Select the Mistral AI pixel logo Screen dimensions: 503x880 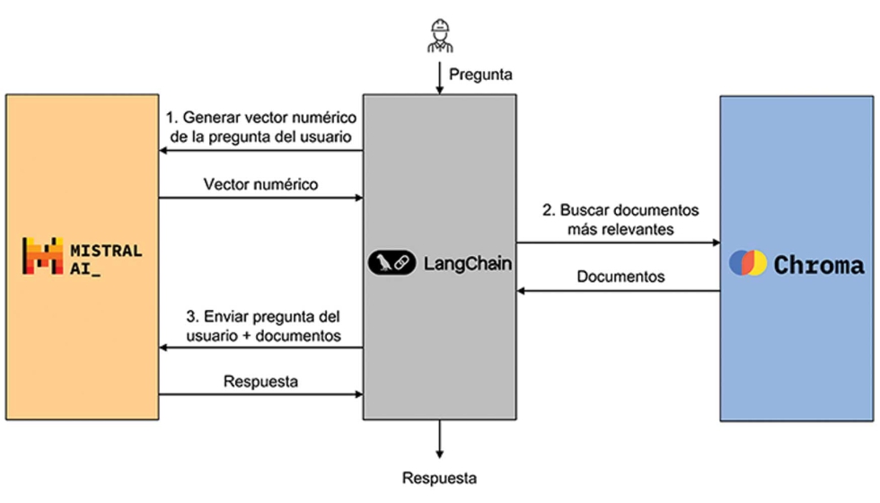tap(41, 255)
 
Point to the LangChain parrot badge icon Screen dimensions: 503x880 tap(392, 263)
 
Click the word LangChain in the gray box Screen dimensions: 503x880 tap(460, 263)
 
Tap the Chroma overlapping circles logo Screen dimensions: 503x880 tap(748, 264)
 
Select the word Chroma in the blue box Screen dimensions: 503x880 tap(819, 265)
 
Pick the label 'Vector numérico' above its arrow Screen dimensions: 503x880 tap(260, 183)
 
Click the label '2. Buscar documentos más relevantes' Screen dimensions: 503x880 tap(620, 220)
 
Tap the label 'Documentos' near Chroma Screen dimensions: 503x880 tap(620, 277)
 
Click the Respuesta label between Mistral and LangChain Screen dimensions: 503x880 tap(260, 381)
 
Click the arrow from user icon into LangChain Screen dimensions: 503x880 tap(438, 78)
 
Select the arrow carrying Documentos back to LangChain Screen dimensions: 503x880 tap(620, 291)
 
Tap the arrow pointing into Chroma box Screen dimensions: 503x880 tap(620, 242)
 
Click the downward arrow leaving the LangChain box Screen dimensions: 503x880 tap(439, 440)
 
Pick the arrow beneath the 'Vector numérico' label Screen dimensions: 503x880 tap(260, 199)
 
